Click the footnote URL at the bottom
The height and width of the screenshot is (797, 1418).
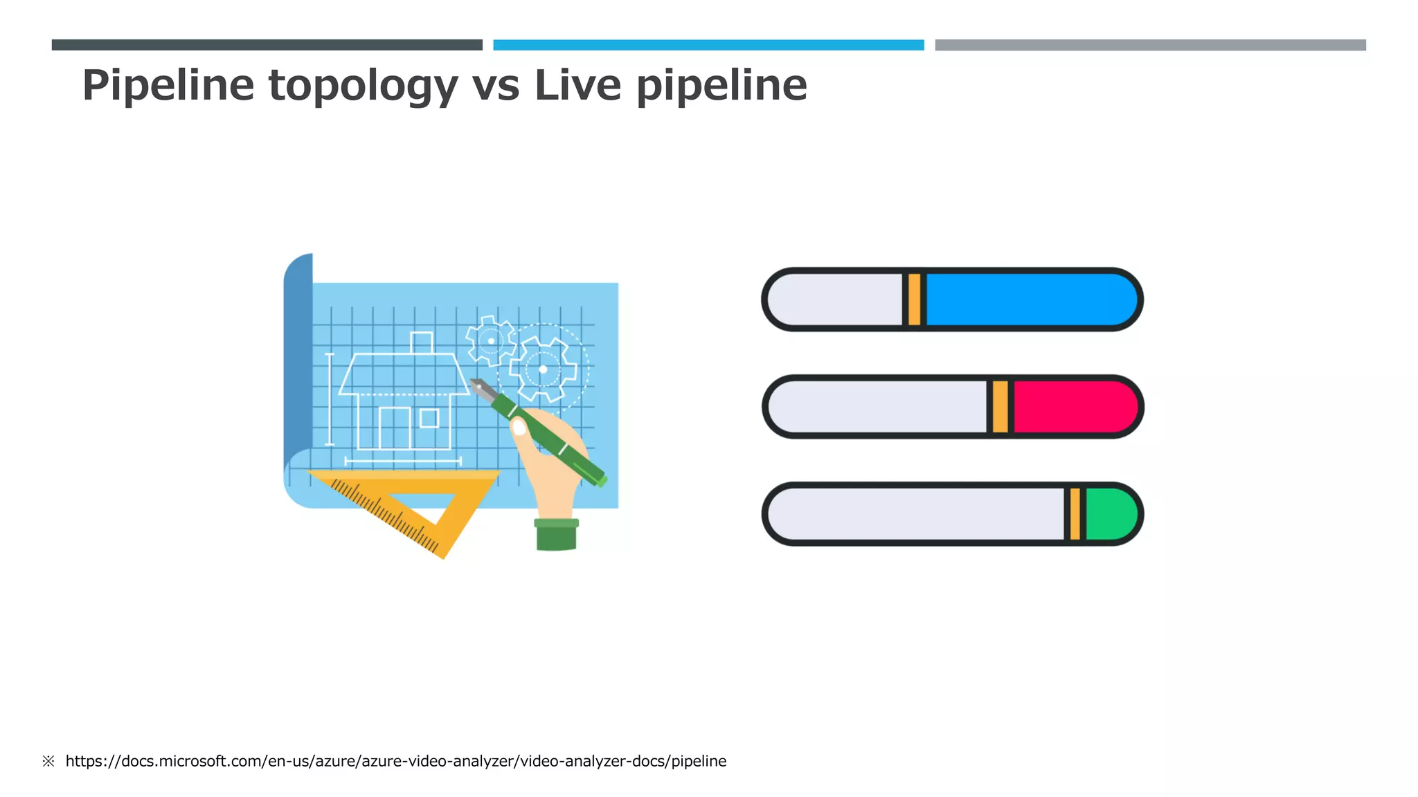(x=395, y=761)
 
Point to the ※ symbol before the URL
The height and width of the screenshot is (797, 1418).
(x=48, y=761)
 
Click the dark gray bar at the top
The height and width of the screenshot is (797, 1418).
(x=267, y=45)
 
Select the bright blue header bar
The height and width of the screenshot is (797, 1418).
(x=708, y=45)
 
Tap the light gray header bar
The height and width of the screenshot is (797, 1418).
(x=1150, y=45)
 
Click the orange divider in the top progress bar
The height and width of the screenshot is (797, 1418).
(x=914, y=300)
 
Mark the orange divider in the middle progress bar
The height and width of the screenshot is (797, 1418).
(x=1000, y=407)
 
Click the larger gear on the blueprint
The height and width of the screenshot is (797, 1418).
(x=543, y=369)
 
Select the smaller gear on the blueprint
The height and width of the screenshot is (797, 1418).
(x=491, y=340)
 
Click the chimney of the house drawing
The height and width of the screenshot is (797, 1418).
(x=421, y=342)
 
